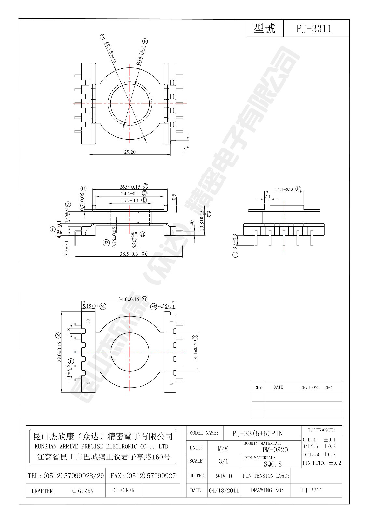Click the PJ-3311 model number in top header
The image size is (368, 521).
click(314, 29)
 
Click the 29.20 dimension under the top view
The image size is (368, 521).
click(130, 152)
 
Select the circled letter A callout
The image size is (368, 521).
click(103, 37)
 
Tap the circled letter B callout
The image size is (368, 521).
click(145, 41)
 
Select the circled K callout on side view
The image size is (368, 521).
click(298, 189)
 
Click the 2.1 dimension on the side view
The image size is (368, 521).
click(267, 196)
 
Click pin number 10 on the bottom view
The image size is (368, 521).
click(88, 321)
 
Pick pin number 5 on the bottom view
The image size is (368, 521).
click(171, 383)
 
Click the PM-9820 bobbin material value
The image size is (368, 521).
click(275, 450)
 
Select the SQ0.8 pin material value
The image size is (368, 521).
click(273, 464)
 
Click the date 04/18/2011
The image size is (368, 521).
click(224, 490)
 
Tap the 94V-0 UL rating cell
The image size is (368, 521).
click(224, 476)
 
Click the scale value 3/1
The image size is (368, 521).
click(223, 461)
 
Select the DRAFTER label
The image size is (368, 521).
click(42, 491)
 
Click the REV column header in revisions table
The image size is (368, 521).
click(258, 387)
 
